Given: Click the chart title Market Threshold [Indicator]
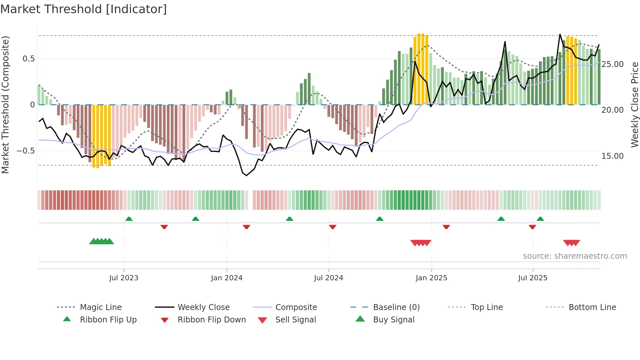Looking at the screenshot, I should [x=84, y=9].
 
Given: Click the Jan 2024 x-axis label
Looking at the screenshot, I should [x=227, y=278].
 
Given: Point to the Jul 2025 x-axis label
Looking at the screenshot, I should [x=533, y=278].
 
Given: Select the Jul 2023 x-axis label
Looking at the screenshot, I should [x=124, y=278].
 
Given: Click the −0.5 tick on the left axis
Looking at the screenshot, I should [x=25, y=151].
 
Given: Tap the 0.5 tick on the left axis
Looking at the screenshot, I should [x=28, y=59].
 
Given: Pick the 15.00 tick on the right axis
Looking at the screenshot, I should [x=613, y=156].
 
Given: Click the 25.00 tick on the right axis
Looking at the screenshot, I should [x=613, y=64].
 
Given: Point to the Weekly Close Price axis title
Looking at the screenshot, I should [x=634, y=105].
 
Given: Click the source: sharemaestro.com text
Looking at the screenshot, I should [x=575, y=256].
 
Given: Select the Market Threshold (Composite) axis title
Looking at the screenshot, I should [x=5, y=105].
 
